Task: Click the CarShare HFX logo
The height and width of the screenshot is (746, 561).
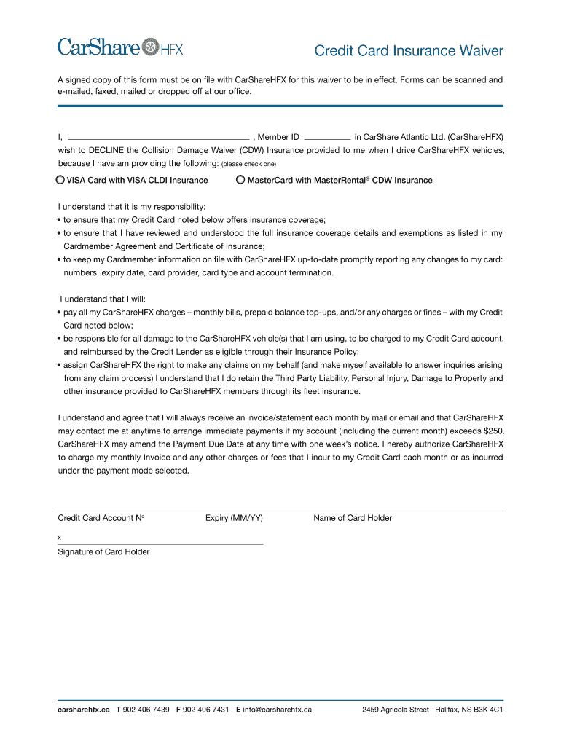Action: pyautogui.click(x=120, y=48)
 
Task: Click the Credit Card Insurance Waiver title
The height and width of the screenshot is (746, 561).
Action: pyautogui.click(x=408, y=51)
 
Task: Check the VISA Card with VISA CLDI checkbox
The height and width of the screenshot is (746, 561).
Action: pyautogui.click(x=60, y=180)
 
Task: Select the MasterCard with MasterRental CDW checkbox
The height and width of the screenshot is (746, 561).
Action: pyautogui.click(x=240, y=180)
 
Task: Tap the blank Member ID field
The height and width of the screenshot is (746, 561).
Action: pyautogui.click(x=326, y=136)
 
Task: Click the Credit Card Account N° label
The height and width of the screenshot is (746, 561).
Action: pyautogui.click(x=101, y=518)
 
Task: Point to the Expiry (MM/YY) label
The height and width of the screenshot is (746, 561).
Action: pyautogui.click(x=234, y=518)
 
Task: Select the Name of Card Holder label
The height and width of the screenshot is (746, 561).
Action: pyautogui.click(x=353, y=518)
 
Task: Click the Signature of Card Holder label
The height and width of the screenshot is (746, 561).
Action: pyautogui.click(x=103, y=551)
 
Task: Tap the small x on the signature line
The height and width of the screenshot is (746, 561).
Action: pyautogui.click(x=60, y=538)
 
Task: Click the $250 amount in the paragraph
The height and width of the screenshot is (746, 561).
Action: pyautogui.click(x=493, y=431)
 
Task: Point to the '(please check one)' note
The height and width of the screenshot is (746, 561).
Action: pyautogui.click(x=248, y=164)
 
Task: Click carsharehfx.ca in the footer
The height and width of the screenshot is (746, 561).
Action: pyautogui.click(x=84, y=709)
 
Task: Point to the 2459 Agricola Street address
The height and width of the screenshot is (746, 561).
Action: pyautogui.click(x=396, y=709)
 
